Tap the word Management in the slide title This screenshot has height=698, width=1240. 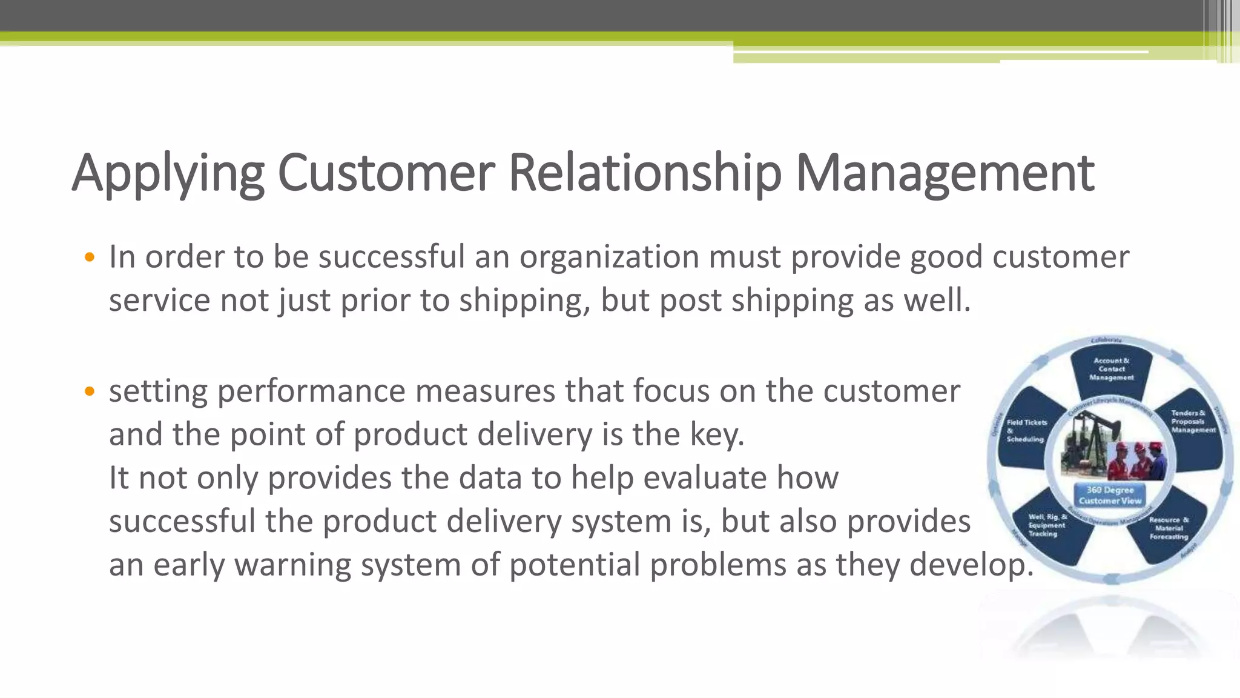click(945, 174)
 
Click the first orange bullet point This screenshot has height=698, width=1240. click(90, 258)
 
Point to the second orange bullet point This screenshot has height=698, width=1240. click(90, 391)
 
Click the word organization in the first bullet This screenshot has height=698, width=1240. click(608, 257)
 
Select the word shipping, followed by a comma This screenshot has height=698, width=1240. click(524, 301)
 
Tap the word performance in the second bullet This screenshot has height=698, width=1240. click(311, 391)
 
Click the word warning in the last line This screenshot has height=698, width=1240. click(293, 565)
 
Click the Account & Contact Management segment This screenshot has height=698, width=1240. click(1112, 369)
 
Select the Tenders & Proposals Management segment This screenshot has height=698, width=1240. click(1193, 422)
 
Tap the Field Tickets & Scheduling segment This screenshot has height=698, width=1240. click(1026, 431)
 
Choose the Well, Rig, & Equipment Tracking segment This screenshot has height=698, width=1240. click(1046, 525)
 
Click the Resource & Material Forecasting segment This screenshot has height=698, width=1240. click(1168, 528)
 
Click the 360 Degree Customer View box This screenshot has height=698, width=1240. click(1110, 495)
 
